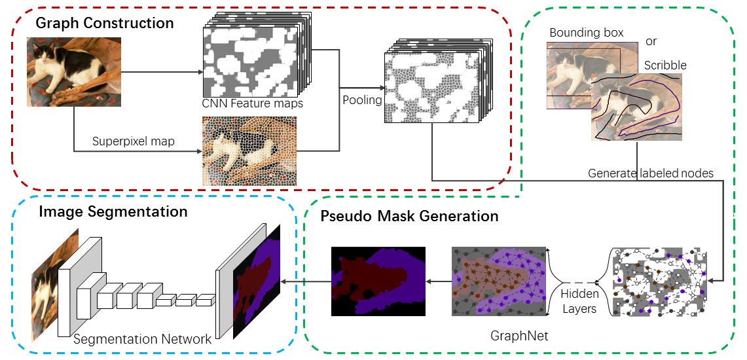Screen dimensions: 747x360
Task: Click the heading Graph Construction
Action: (104, 24)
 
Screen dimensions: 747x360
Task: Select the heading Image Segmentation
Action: (113, 212)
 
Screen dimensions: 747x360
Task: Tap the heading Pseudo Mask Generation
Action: (409, 216)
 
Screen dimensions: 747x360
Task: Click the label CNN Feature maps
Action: (253, 103)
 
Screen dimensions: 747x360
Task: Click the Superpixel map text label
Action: (133, 141)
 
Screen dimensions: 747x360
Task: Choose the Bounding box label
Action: (586, 33)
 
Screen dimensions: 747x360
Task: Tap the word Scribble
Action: (665, 65)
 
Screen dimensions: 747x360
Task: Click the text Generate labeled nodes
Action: (650, 173)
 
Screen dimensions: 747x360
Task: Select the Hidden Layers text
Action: (579, 302)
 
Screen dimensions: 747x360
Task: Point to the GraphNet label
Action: (519, 336)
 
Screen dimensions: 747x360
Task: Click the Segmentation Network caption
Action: (142, 339)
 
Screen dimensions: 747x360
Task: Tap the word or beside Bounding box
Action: (651, 41)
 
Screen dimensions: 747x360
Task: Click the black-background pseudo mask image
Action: (378, 281)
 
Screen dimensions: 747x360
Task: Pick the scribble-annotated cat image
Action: (636, 107)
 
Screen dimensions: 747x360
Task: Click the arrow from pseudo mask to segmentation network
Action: (308, 281)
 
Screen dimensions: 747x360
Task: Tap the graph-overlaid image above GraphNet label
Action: (500, 281)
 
